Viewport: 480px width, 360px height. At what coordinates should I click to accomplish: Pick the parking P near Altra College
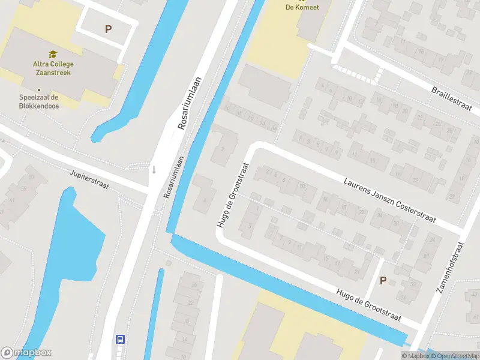pos(109,29)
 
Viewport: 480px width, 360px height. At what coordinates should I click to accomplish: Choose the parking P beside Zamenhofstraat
pos(383,280)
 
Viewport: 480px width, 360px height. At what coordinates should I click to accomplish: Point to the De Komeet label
pos(302,7)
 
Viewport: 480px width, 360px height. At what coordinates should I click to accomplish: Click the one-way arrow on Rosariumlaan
pos(154,169)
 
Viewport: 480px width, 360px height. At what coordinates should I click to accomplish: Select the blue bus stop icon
pos(120,339)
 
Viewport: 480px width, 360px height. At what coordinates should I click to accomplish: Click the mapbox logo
pos(26,353)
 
